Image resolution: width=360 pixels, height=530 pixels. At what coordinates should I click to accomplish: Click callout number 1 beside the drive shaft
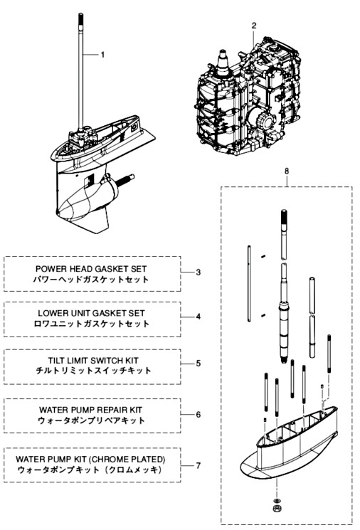(102, 55)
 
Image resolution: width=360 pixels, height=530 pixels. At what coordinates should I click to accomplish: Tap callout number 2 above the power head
(254, 26)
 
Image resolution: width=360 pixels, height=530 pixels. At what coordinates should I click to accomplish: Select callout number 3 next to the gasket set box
(198, 272)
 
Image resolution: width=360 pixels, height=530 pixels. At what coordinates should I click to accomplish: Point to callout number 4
(198, 317)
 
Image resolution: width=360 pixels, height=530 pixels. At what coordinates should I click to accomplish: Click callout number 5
(198, 364)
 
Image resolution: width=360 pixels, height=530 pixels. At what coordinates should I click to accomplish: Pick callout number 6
(198, 415)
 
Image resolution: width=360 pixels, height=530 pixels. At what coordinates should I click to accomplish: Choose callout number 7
(198, 465)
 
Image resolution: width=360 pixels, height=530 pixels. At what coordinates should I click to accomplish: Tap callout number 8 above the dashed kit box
(287, 171)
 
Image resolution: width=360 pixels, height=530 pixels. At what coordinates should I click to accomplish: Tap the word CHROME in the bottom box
(109, 460)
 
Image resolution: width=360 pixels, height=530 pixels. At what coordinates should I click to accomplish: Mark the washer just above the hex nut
(277, 500)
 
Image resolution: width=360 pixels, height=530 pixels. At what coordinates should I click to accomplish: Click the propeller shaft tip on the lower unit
(130, 176)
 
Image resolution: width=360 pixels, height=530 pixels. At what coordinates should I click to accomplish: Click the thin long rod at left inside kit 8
(249, 283)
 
